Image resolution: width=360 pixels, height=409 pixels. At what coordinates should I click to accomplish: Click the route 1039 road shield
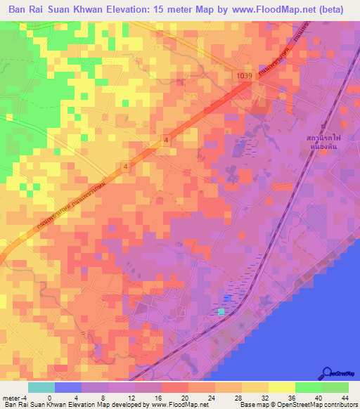pyautogui.click(x=243, y=75)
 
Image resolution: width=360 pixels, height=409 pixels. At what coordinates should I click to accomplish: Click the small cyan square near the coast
pyautogui.click(x=221, y=311)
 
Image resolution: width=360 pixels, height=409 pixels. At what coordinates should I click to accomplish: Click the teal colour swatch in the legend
pyautogui.click(x=41, y=387)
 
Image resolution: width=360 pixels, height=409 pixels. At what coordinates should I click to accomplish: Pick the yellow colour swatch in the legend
pyautogui.click(x=282, y=387)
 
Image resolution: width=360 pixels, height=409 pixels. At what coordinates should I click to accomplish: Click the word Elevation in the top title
pyautogui.click(x=130, y=11)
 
